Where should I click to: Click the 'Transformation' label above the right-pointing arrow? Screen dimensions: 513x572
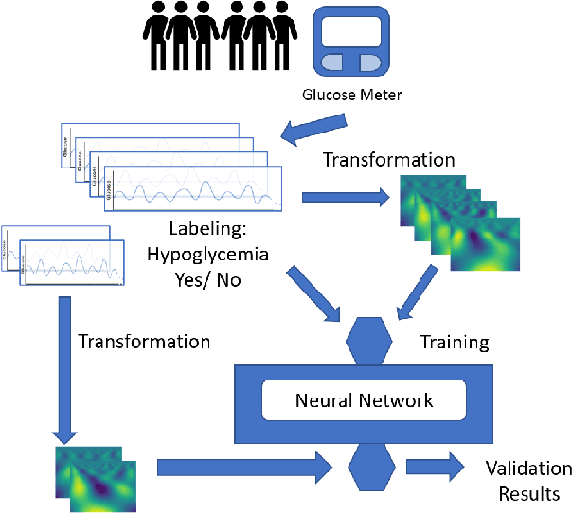[388, 158]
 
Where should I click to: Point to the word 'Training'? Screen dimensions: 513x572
[454, 340]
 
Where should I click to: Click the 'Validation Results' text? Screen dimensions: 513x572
[527, 481]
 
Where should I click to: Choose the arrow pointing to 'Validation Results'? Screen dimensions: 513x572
[435, 467]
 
